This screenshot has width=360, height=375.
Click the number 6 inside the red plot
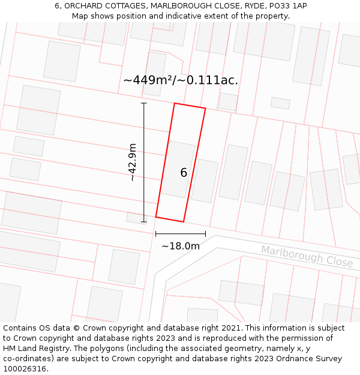click(184, 173)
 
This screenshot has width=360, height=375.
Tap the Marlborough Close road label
click(307, 256)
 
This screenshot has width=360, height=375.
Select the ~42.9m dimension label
click(132, 162)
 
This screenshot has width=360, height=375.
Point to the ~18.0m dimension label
click(180, 246)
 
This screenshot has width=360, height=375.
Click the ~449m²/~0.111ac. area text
click(181, 80)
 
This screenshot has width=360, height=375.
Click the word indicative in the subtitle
click(184, 16)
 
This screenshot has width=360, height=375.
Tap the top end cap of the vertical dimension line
click(144, 103)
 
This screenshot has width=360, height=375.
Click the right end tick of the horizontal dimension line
click(205, 234)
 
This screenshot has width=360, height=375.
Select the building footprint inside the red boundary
click(178, 169)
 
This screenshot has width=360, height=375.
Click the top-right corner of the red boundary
click(205, 109)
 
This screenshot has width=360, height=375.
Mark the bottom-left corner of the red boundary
click(156, 217)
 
